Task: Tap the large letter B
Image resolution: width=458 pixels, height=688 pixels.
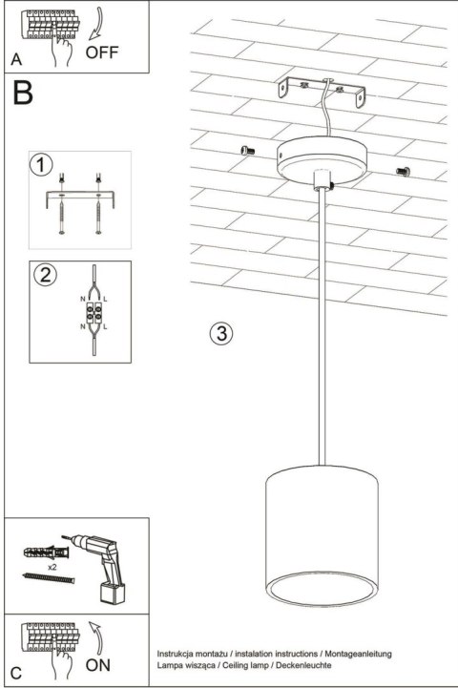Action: (24, 95)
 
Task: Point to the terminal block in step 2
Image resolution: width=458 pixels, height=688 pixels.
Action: (93, 312)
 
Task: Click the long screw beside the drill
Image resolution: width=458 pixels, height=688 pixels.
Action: (46, 577)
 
